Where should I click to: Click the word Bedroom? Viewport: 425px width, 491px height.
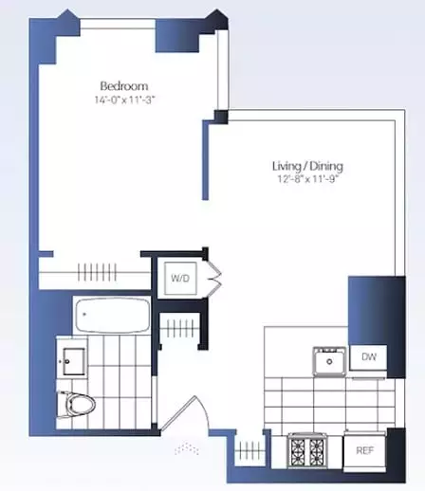tap(123, 85)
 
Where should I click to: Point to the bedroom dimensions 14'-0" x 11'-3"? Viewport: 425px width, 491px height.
tap(123, 100)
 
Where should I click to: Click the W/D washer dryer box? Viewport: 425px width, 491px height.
tap(180, 278)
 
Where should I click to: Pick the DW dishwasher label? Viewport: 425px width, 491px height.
tap(368, 357)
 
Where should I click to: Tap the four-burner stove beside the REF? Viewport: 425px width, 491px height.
tap(309, 448)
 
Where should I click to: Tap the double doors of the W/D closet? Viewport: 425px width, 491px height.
tap(214, 278)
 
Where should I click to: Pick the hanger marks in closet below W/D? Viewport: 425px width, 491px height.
tap(180, 329)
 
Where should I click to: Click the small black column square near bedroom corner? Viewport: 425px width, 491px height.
tap(220, 117)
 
